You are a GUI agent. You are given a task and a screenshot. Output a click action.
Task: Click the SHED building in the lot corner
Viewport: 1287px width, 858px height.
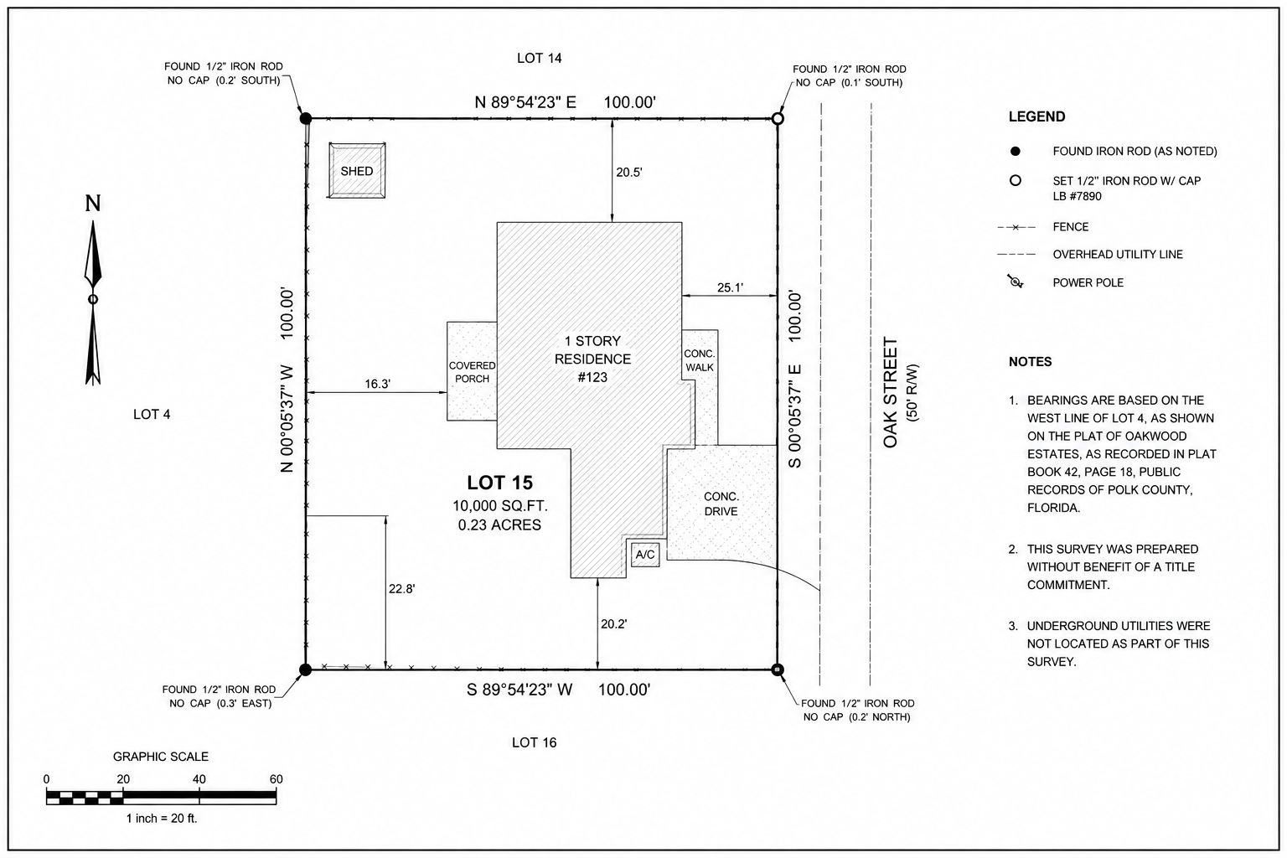(x=357, y=171)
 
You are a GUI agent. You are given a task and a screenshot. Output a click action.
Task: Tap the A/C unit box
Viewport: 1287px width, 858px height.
(x=645, y=555)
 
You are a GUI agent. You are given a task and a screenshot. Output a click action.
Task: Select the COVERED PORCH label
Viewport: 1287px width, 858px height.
(x=473, y=372)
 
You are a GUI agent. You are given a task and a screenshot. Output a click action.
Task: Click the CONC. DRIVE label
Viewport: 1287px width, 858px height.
(x=721, y=504)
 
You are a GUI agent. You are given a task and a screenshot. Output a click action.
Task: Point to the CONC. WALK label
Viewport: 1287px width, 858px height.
(x=700, y=360)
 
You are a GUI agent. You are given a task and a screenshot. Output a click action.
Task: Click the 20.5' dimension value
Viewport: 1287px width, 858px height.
(x=629, y=173)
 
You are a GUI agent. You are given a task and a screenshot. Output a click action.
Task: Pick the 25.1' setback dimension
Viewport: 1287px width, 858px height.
(x=730, y=287)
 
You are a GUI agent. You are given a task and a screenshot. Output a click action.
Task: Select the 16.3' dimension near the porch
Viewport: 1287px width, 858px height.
(x=378, y=384)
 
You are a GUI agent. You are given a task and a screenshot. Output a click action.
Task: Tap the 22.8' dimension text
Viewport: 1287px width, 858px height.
(x=401, y=588)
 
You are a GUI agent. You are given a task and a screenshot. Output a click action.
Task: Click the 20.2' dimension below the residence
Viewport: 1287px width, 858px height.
(x=613, y=623)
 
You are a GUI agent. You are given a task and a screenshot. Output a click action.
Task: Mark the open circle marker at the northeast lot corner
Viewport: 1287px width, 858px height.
(x=778, y=118)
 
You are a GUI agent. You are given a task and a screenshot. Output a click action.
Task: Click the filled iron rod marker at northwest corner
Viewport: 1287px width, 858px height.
(x=306, y=118)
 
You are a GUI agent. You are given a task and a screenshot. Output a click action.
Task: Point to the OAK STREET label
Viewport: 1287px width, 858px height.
(x=890, y=392)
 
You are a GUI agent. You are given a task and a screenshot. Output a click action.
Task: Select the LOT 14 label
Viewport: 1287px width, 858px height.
(x=539, y=58)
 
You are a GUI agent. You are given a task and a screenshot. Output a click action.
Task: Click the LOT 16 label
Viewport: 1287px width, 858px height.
(x=535, y=742)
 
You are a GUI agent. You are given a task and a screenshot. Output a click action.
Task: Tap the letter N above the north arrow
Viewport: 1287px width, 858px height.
(x=93, y=204)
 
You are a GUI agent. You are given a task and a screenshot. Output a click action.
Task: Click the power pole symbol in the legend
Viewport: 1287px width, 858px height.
(x=1016, y=282)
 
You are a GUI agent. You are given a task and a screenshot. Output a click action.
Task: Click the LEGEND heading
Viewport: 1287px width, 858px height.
(x=1037, y=116)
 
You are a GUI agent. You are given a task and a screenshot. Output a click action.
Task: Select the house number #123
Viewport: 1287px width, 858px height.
(x=592, y=377)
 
